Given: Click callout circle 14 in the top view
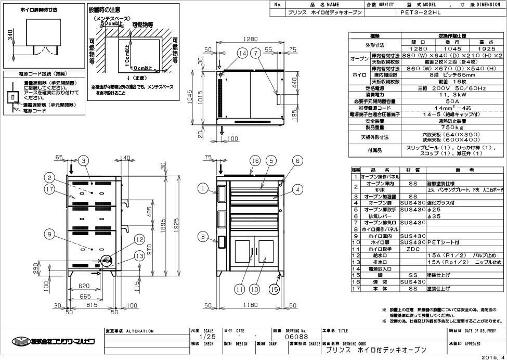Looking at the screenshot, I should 242,53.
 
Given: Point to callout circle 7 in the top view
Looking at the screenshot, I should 255,53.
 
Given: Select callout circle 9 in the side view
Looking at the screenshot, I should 49,235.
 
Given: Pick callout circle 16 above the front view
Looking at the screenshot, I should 255,161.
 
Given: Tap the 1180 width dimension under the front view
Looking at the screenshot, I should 252,306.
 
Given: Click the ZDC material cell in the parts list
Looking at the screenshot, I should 413,249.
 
